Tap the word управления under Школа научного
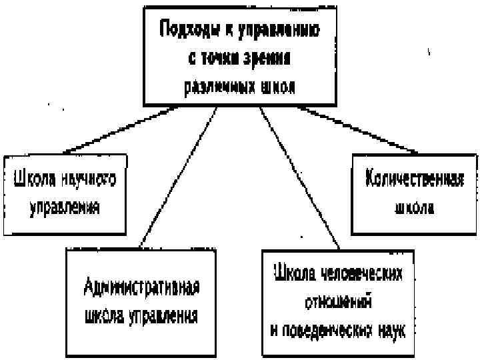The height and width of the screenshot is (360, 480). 65,207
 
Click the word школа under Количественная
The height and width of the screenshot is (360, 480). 413,208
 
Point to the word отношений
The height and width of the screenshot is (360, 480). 338,301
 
